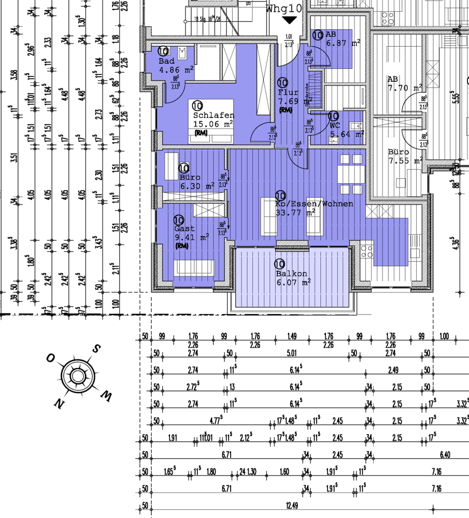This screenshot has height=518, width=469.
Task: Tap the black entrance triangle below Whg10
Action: (x=289, y=20)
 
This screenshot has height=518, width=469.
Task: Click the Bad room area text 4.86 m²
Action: (x=176, y=69)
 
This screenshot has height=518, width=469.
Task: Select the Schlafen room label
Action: (x=214, y=116)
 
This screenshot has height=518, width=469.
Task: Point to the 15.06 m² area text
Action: (x=213, y=124)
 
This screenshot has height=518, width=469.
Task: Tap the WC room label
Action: (x=335, y=125)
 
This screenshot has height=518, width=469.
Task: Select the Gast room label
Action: (x=184, y=228)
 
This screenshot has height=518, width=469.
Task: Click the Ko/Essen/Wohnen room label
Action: (x=315, y=204)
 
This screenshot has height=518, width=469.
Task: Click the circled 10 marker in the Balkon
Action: (x=280, y=264)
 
